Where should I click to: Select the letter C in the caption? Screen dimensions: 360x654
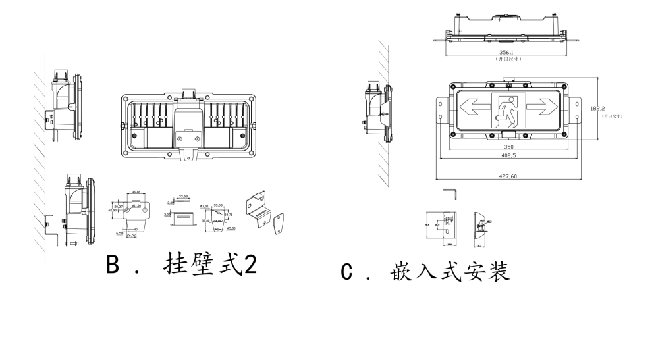[x=347, y=271]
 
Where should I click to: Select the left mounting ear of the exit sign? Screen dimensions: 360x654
[x=440, y=111]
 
